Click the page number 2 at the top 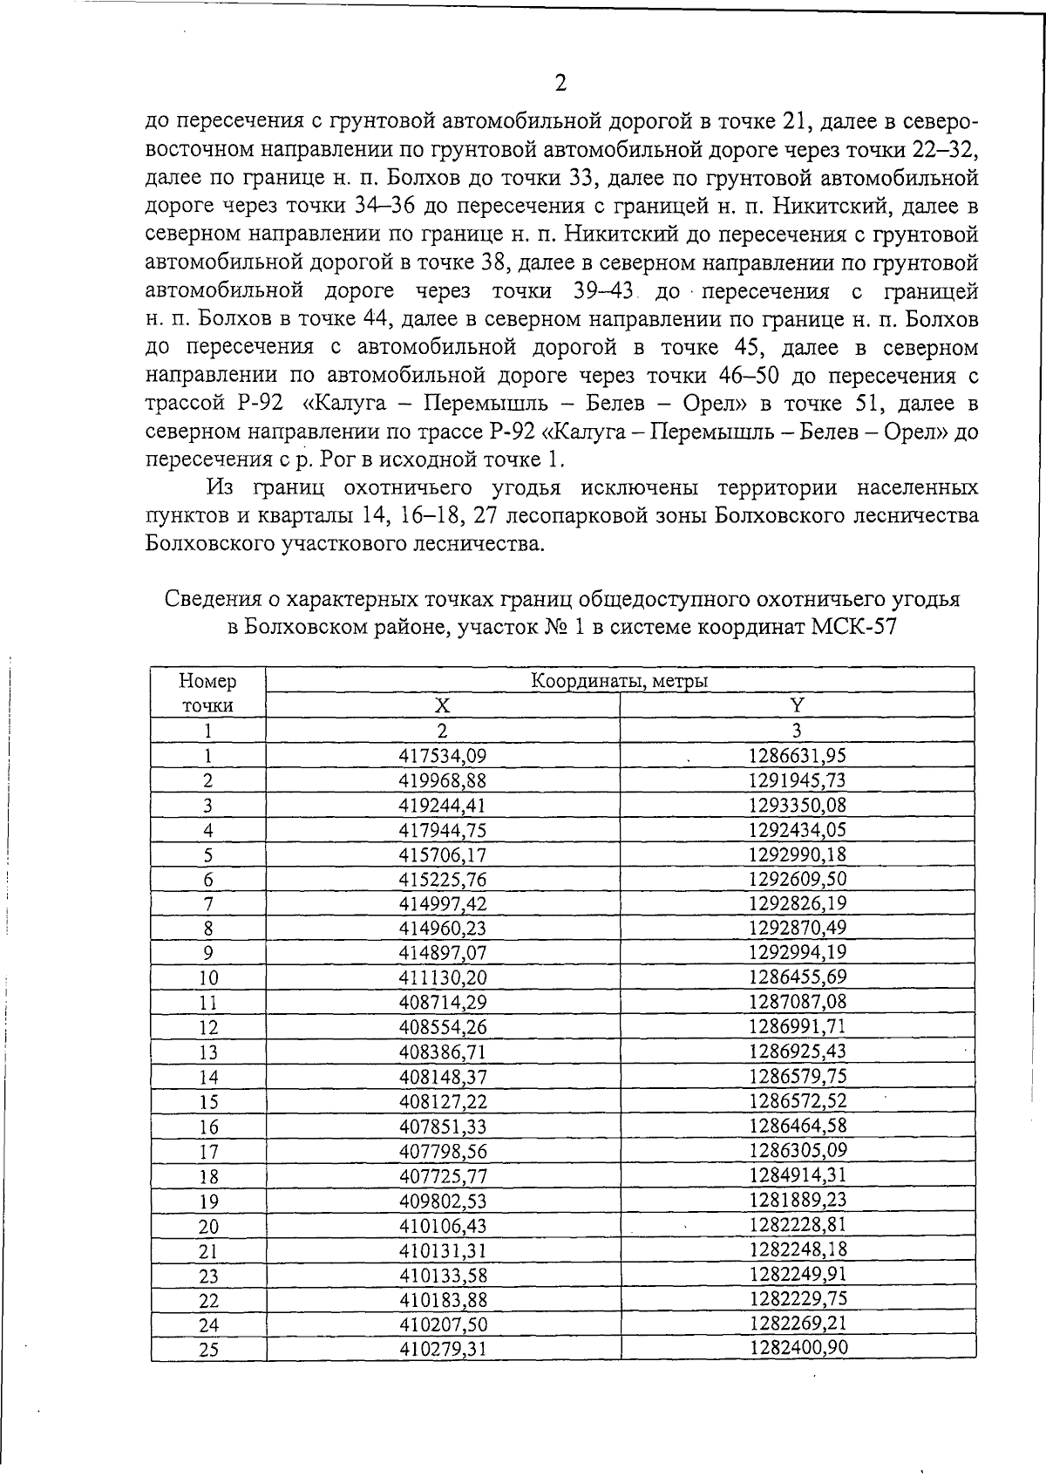pos(560,84)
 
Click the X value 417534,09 pos(443,756)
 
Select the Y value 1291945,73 pos(797,779)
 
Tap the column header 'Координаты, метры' pos(620,681)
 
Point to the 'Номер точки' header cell pos(207,692)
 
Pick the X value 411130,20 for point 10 pos(443,977)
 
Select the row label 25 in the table pos(208,1351)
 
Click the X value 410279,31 pos(443,1350)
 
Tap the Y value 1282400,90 pos(798,1348)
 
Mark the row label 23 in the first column pos(208,1276)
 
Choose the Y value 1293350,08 pos(797,805)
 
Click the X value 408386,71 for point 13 pos(443,1052)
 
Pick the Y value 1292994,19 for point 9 pos(797,952)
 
